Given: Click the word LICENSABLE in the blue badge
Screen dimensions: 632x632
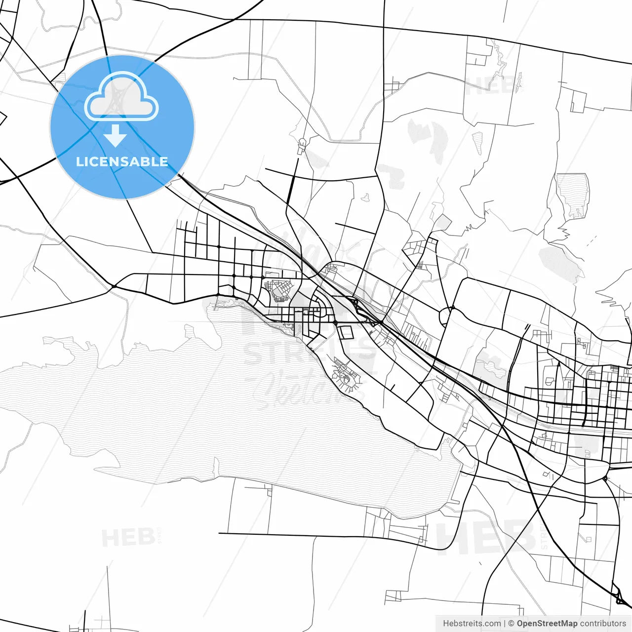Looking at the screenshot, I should click(x=122, y=161).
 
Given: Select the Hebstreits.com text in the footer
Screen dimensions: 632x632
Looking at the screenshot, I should click(x=472, y=624).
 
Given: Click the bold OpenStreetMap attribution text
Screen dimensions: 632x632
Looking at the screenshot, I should click(x=547, y=624).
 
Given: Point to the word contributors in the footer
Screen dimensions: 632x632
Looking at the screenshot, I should click(x=603, y=624).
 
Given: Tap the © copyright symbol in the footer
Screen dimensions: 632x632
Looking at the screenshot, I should click(x=512, y=624).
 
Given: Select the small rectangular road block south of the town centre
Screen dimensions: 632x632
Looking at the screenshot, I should click(x=346, y=332).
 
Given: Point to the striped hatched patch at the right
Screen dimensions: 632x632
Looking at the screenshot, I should click(x=573, y=195).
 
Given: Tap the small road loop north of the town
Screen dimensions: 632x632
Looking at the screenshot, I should click(x=302, y=144).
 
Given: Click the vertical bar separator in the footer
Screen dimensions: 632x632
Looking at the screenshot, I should click(x=505, y=624).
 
